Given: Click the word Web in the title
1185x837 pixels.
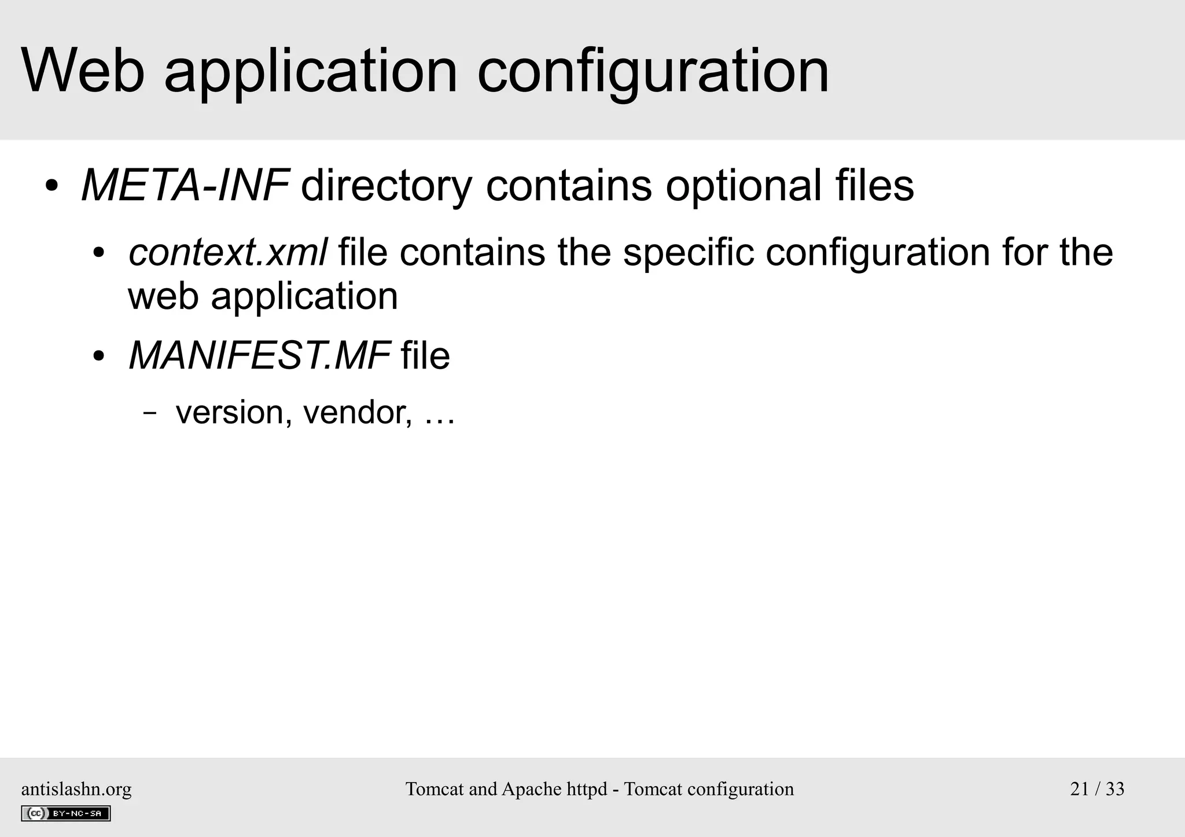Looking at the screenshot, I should [x=83, y=71].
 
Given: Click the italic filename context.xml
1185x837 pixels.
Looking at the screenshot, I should [x=228, y=253].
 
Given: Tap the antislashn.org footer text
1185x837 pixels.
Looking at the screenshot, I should [x=76, y=789].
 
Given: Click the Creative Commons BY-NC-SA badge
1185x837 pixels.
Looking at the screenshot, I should [x=66, y=813].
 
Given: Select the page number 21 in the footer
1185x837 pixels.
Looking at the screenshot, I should [x=1079, y=789].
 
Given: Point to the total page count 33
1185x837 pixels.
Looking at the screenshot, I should [x=1114, y=789].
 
